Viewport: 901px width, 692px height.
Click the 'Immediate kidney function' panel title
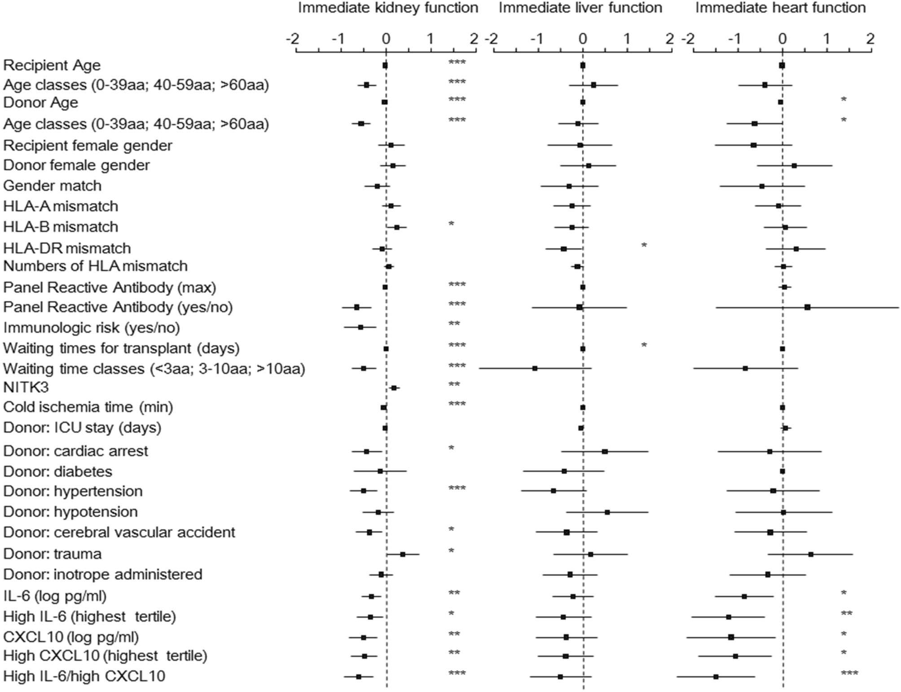(388, 8)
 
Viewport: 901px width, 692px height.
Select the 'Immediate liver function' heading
(580, 8)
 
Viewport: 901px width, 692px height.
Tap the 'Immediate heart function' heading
(780, 8)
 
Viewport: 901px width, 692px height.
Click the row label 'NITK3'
(26, 387)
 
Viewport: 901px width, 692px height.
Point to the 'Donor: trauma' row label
(52, 554)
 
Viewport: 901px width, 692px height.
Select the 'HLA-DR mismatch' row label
(67, 248)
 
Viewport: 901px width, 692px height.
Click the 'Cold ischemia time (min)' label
(88, 407)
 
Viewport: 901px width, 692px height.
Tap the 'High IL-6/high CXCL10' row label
(84, 676)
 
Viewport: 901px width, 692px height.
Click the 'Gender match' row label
(52, 185)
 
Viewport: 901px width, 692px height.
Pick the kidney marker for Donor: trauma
(403, 554)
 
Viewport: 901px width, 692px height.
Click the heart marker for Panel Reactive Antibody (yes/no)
(807, 307)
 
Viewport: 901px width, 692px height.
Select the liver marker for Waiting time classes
(535, 368)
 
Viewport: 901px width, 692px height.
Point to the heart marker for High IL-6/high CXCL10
(716, 676)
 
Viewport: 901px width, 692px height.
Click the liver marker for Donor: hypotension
(607, 512)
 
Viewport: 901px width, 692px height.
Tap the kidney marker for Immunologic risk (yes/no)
(360, 327)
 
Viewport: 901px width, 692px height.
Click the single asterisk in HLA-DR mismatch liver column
(644, 246)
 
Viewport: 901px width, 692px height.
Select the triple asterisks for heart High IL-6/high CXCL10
(848, 674)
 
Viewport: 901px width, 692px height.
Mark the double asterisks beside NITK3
(454, 385)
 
